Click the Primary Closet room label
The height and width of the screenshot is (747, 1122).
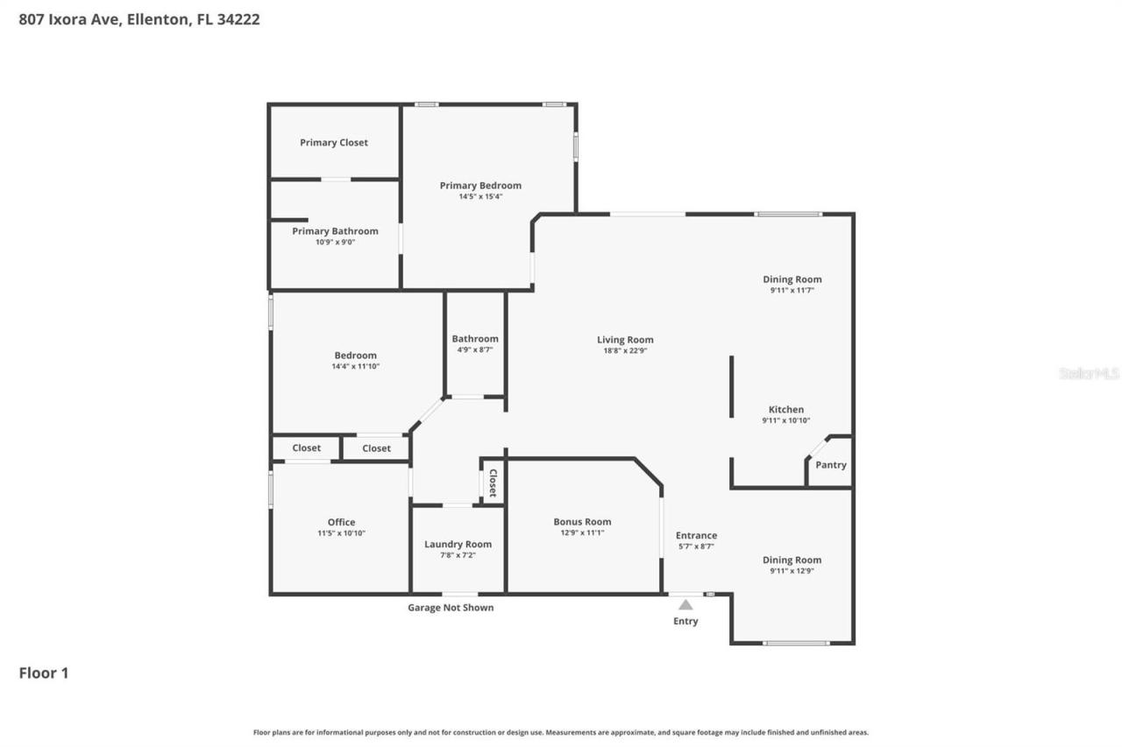(334, 143)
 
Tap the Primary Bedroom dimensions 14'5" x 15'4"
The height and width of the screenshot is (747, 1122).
(480, 197)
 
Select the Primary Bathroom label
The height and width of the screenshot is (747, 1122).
(335, 231)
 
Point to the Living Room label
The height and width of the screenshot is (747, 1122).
(625, 340)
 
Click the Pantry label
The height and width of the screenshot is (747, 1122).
(830, 465)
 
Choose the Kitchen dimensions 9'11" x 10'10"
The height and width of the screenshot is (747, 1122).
(785, 420)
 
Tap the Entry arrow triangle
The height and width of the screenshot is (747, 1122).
(685, 604)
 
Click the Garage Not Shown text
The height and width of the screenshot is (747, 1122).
(451, 608)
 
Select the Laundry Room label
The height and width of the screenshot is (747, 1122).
(458, 544)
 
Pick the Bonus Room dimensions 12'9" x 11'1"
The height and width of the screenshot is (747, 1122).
(582, 532)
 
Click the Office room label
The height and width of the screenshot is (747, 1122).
(341, 522)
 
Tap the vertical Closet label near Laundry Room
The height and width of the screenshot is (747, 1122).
(493, 483)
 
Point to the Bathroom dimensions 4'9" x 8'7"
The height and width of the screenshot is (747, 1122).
(475, 349)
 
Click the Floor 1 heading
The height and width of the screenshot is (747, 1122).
(44, 673)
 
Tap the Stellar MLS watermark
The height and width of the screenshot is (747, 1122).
(1089, 373)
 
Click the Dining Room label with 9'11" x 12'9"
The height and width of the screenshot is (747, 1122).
(792, 560)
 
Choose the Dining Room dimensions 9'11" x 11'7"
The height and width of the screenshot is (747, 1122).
(792, 290)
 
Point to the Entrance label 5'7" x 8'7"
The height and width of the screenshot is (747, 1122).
(696, 535)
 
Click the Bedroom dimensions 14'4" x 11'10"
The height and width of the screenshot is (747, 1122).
(355, 366)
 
